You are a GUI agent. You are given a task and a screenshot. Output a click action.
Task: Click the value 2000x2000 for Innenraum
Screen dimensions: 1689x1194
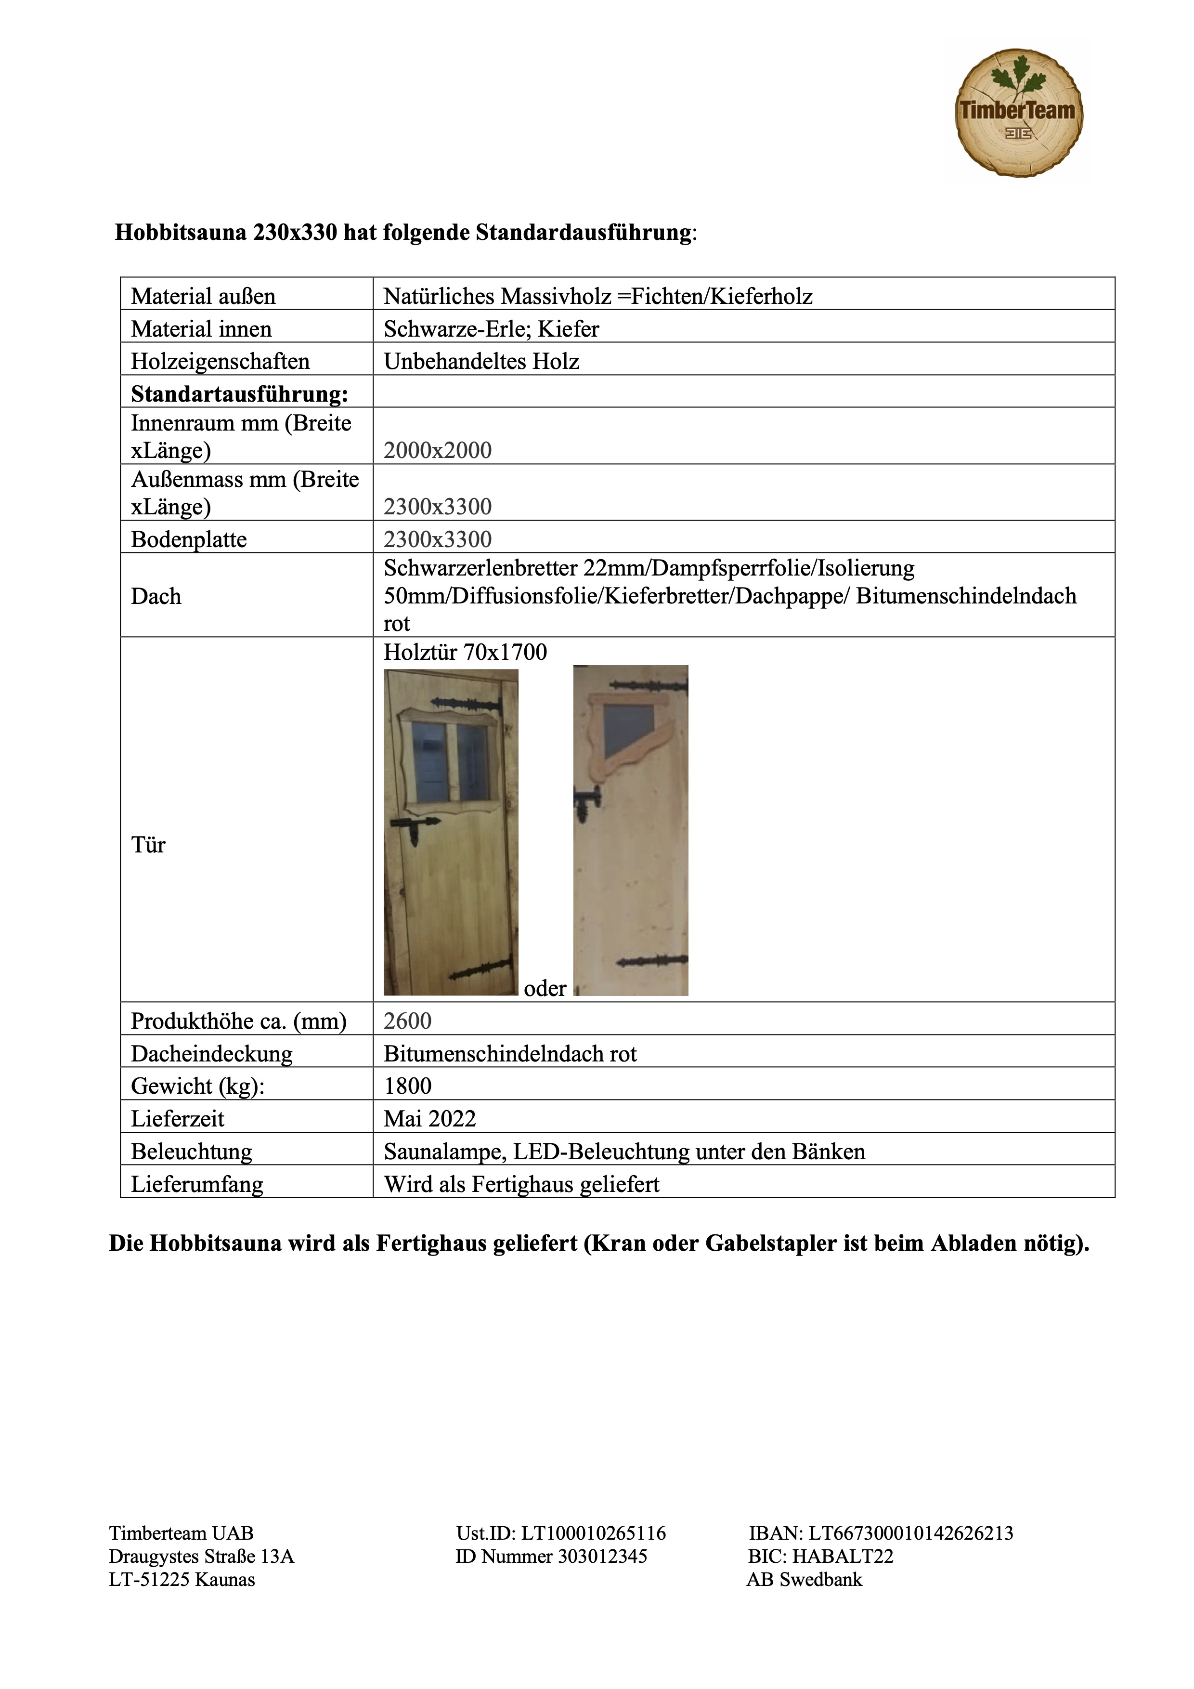click(438, 450)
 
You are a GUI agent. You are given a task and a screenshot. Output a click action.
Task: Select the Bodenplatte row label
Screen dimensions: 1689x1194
click(189, 539)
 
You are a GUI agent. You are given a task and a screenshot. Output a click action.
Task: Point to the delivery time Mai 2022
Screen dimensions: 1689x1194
click(429, 1118)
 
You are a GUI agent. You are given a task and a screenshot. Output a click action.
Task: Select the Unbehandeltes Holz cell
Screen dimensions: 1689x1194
click(481, 361)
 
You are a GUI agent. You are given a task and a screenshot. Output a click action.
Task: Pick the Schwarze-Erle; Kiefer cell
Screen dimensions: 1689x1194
click(491, 329)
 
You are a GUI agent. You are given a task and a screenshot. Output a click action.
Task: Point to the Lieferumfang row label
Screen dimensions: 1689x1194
click(196, 1184)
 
